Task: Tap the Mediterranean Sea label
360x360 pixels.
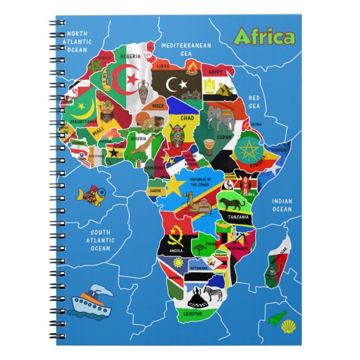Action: tap(179, 49)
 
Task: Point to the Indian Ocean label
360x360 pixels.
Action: tap(282, 205)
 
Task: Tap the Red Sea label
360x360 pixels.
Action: tap(254, 102)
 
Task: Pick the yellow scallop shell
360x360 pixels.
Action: tap(287, 326)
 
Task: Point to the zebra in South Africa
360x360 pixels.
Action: tap(213, 293)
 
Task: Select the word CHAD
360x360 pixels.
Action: tap(187, 119)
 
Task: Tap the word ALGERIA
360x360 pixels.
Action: tap(131, 56)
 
